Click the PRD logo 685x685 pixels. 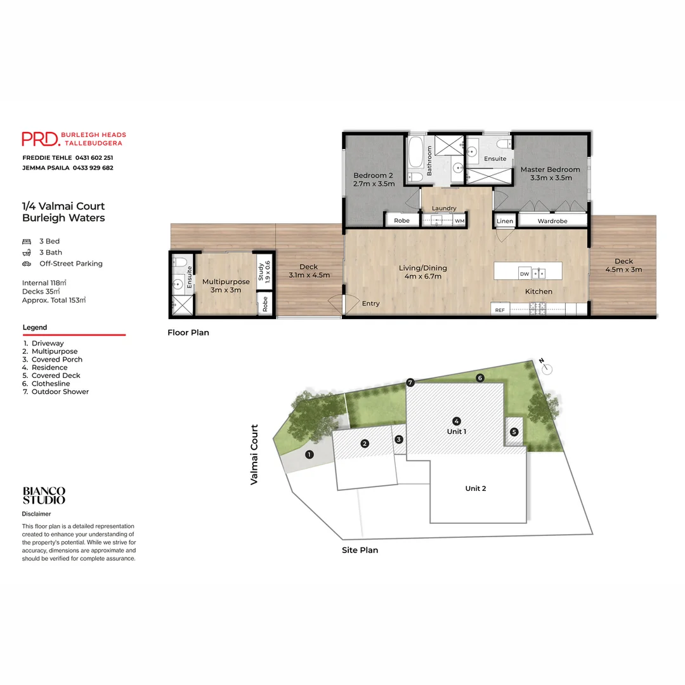click(x=41, y=139)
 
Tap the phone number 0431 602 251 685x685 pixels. click(x=95, y=157)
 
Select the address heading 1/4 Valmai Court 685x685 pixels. click(x=63, y=206)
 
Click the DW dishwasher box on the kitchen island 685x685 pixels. click(x=524, y=274)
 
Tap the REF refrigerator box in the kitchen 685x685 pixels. click(x=500, y=310)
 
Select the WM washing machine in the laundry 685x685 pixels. click(x=459, y=221)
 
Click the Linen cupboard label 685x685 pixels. click(x=505, y=221)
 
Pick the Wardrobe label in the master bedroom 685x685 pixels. click(x=552, y=221)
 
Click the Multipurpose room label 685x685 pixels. click(x=226, y=285)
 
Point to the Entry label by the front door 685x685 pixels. click(x=370, y=304)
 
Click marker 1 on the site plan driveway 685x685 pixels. click(x=310, y=454)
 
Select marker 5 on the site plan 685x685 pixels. click(x=514, y=431)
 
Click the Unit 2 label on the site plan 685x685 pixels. click(x=476, y=488)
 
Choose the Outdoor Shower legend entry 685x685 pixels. click(x=60, y=391)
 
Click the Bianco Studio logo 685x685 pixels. click(x=44, y=495)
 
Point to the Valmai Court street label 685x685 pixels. click(x=254, y=455)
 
